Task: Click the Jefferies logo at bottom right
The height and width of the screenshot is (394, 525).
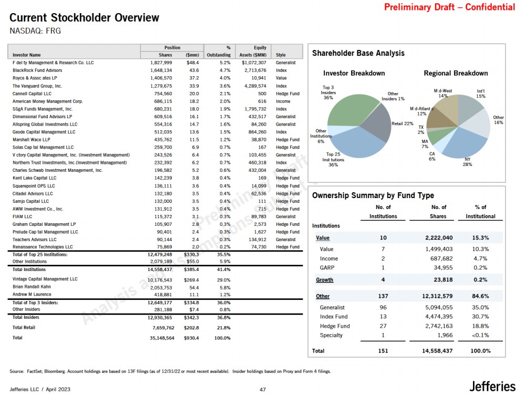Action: point(492,386)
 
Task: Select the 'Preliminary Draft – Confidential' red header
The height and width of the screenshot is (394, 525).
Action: point(449,7)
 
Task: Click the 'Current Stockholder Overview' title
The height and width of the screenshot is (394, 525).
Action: point(84,18)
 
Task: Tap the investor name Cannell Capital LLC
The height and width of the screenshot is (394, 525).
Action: point(32,94)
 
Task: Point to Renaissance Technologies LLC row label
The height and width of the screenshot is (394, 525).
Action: point(43,247)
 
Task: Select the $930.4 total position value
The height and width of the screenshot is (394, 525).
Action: point(191,338)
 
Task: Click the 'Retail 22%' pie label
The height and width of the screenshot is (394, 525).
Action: point(403,123)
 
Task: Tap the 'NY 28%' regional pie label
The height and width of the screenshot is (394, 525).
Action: point(467,162)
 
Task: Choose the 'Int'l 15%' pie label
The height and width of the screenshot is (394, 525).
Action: point(480,94)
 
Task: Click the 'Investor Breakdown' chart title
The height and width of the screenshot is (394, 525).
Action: point(354,73)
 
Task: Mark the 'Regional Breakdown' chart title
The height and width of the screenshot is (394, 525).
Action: point(456,73)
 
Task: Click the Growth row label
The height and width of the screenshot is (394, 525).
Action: point(324,280)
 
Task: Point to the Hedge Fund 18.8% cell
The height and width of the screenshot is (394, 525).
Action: point(480,326)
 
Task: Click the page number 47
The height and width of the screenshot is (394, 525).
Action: point(263,389)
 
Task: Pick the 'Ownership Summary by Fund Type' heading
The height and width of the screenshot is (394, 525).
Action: point(373,196)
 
